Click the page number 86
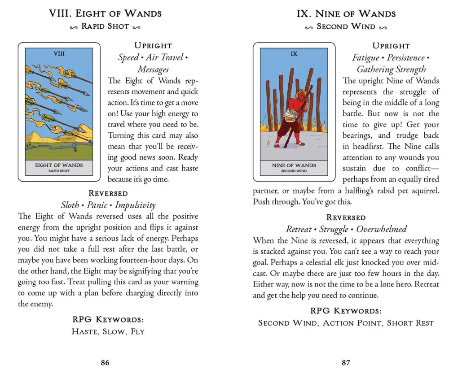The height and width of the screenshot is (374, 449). tap(105, 362)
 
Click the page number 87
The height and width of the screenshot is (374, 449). tap(346, 362)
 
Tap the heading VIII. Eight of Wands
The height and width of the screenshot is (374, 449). tap(105, 13)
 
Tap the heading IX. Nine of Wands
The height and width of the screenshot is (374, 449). tap(346, 13)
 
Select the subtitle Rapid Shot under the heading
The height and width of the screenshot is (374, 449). tap(105, 26)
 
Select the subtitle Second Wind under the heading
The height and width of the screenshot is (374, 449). tap(346, 26)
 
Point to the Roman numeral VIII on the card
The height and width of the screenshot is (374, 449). tap(59, 54)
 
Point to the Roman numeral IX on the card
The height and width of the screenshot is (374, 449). tap(294, 54)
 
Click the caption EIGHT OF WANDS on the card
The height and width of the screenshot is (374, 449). tap(59, 165)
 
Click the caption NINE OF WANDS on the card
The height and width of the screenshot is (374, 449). tap(294, 165)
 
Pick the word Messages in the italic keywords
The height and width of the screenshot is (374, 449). tap(153, 70)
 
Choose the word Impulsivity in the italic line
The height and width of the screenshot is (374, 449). tap(135, 205)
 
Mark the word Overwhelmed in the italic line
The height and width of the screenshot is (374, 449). tap(382, 229)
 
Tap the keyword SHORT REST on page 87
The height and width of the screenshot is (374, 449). tap(410, 323)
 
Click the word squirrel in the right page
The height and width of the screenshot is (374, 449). tap(424, 191)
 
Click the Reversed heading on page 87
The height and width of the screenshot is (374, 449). tap(346, 217)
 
